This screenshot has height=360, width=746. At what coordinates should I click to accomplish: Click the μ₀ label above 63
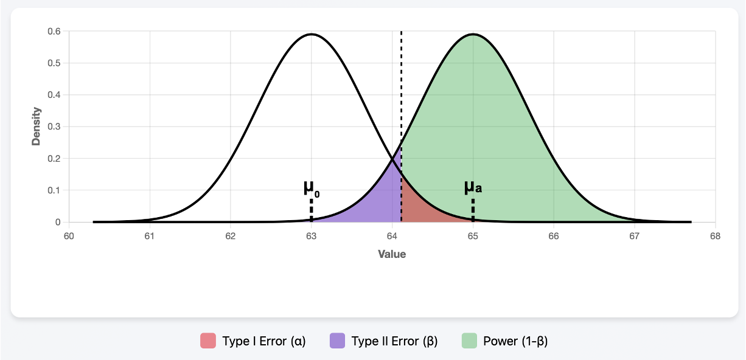tap(311, 188)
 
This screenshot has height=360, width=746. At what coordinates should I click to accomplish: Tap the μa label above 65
tap(473, 187)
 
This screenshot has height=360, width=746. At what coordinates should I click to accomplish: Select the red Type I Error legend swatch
tap(208, 341)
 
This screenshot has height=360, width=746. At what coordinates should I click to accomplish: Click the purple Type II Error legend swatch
tap(337, 341)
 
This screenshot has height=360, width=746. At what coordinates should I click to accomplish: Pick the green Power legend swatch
tap(469, 341)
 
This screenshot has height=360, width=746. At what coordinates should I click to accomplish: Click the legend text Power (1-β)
tap(515, 341)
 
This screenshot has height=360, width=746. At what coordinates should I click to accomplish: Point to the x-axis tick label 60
tap(69, 237)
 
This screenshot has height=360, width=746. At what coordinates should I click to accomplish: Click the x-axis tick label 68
tap(715, 237)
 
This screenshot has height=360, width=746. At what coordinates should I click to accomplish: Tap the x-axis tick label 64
tap(392, 237)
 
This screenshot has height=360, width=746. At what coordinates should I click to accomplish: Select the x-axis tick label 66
tap(554, 237)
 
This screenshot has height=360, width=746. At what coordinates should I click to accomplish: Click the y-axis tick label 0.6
tap(54, 32)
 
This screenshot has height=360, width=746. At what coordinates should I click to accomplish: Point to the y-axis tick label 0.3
tap(54, 126)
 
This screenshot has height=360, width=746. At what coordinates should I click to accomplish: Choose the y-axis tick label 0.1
tap(54, 190)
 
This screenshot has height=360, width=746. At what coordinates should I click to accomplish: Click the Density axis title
tap(37, 126)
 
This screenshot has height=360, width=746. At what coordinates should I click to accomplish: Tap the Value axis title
tap(392, 254)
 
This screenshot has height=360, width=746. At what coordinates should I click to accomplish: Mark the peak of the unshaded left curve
tap(311, 34)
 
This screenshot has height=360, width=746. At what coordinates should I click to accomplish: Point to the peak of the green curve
tap(473, 34)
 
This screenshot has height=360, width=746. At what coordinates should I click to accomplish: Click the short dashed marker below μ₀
tap(311, 210)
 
